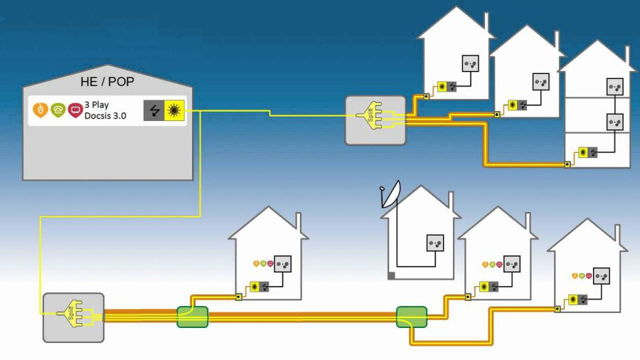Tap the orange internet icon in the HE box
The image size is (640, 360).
pos(41,110)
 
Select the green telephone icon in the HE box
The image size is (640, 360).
pos(57,110)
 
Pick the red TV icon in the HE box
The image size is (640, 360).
pos(75,110)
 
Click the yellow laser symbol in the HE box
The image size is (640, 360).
pos(174,110)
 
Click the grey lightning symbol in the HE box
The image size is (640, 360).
pos(154,110)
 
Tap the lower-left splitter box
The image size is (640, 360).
pos(73,314)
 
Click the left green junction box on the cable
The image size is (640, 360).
pos(192,316)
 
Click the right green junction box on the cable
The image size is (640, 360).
pos(411,317)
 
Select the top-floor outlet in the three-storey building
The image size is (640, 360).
pos(613,88)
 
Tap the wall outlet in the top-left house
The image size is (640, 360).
pos(470,64)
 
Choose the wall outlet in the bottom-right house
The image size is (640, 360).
pos(602,275)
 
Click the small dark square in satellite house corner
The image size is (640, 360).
pos(391,275)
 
